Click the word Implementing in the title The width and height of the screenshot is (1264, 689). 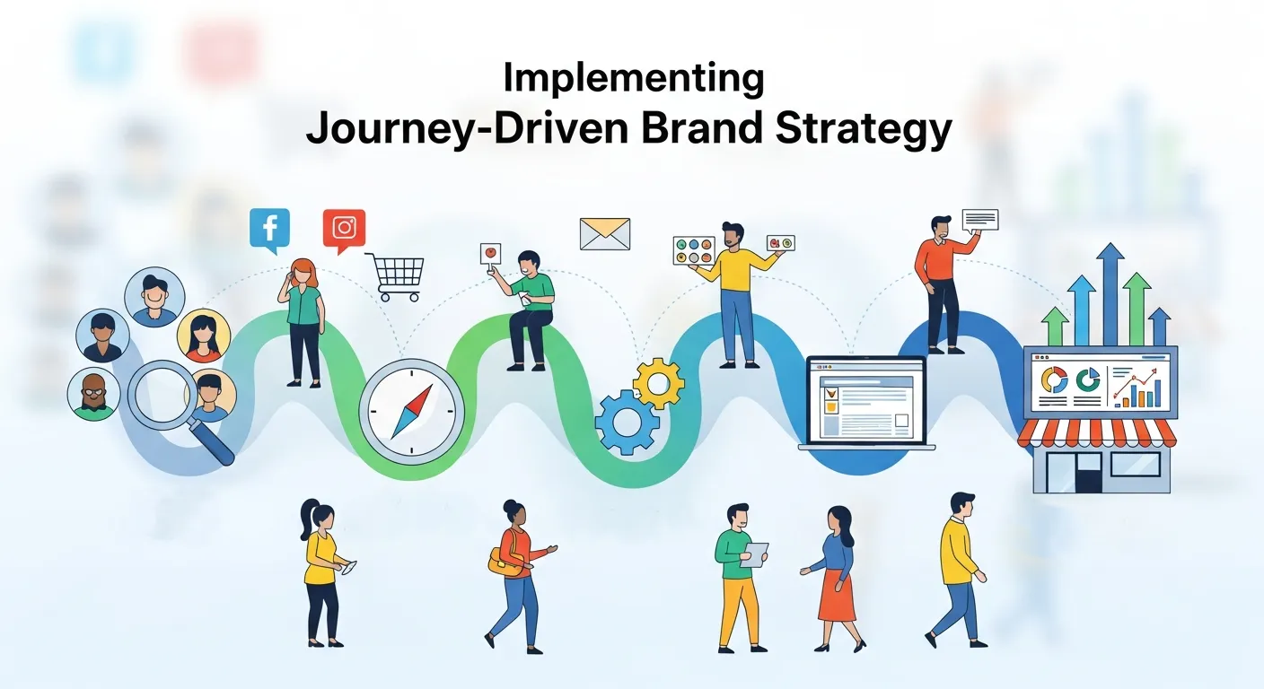click(x=633, y=79)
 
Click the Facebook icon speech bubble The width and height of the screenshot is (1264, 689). click(x=269, y=229)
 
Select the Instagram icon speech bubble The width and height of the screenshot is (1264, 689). click(x=344, y=228)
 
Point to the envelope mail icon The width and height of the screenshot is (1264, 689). click(x=604, y=233)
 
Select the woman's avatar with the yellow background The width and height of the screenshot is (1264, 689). click(x=205, y=335)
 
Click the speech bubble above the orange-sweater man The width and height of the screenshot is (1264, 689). click(x=979, y=220)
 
